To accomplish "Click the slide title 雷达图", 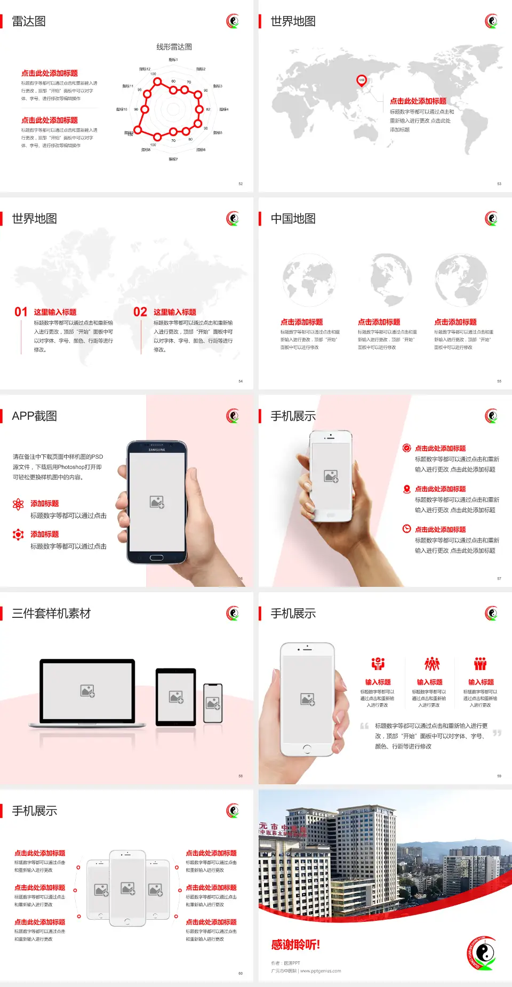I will pos(29,21).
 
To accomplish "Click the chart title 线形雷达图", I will pos(174,47).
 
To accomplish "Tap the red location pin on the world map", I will pos(362,81).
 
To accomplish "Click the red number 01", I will pos(21,312).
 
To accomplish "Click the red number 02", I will pos(140,312).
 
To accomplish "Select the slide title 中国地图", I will pos(293,219).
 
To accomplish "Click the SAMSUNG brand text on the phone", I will pos(157,450).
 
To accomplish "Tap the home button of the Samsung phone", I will pos(156,558).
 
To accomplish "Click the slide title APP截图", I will pos(35,416).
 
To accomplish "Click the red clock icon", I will pos(406,529).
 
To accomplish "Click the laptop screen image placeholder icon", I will pos(87,691).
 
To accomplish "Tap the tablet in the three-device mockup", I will pos(176,696).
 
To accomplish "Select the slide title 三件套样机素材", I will pos(51,614).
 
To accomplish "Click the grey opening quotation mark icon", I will pos(364,726).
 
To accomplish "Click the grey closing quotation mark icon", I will pos(497,733).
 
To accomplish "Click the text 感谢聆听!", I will pos(295,945).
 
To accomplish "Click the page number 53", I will pos(499,184).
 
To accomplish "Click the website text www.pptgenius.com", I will pos(321,971).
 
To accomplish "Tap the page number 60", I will pos(241,973).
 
